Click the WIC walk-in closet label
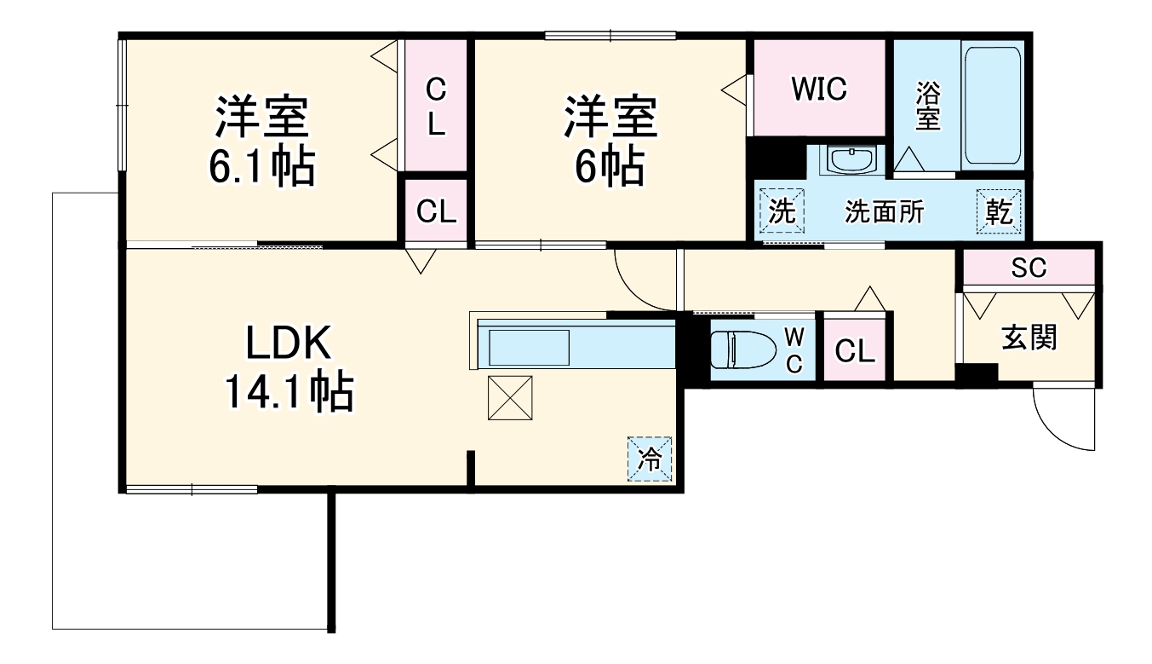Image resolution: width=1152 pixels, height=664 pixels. pyautogui.click(x=818, y=89)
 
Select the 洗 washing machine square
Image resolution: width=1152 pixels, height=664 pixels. pyautogui.click(x=782, y=211)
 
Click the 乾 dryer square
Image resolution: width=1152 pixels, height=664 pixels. pyautogui.click(x=1000, y=211)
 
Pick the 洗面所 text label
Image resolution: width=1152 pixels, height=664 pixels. pyautogui.click(x=884, y=212)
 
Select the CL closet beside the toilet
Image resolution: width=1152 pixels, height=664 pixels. pyautogui.click(x=855, y=350)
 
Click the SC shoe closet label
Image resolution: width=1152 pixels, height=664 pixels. pyautogui.click(x=1028, y=268)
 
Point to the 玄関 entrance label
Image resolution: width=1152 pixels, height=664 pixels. pyautogui.click(x=1029, y=338)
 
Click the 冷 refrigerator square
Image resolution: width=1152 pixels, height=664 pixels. pyautogui.click(x=651, y=459)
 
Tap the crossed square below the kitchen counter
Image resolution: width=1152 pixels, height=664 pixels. pyautogui.click(x=509, y=397)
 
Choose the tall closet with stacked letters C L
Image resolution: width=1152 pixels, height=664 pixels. pyautogui.click(x=435, y=106)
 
